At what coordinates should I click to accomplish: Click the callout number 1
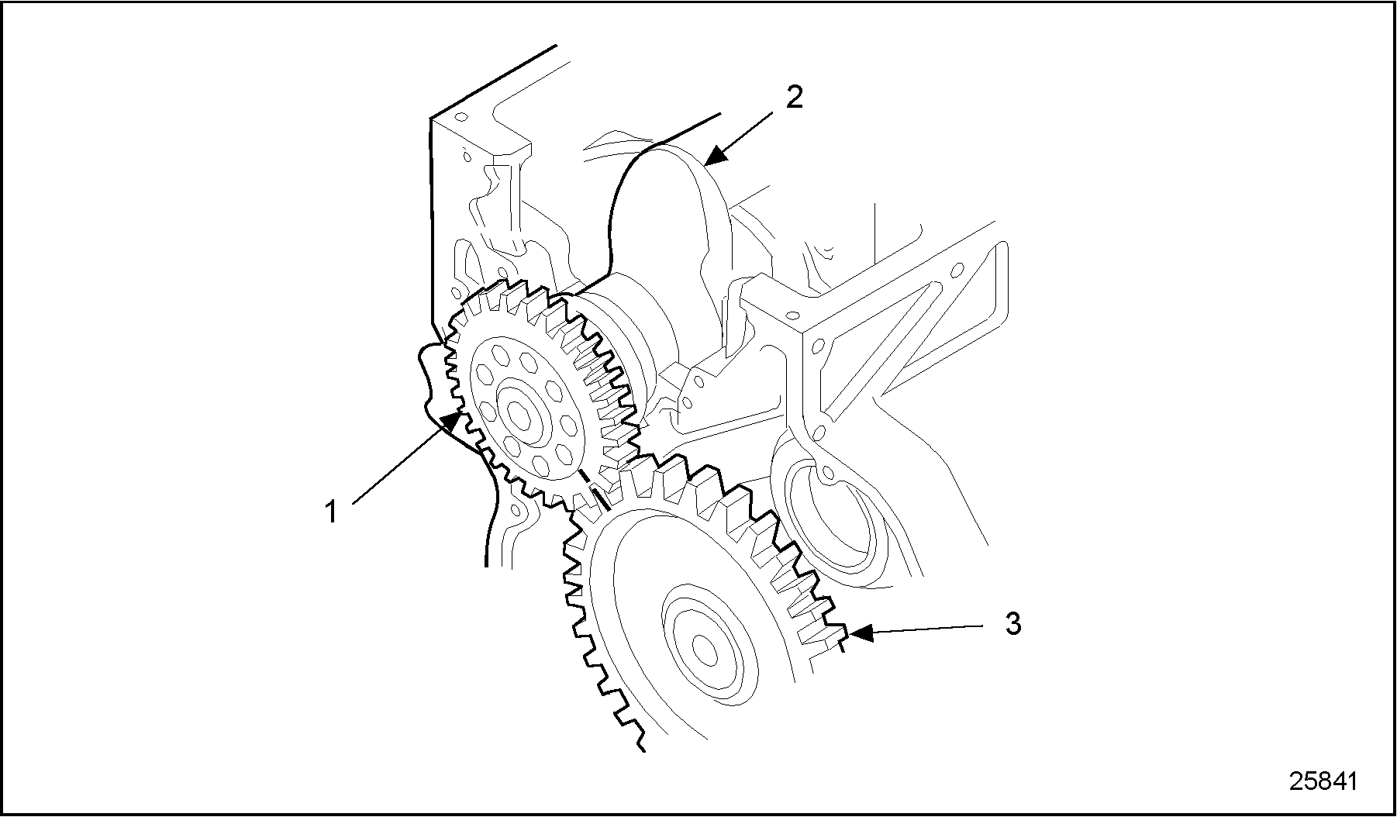(x=331, y=512)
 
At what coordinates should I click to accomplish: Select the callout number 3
(x=1012, y=623)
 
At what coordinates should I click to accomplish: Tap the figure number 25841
(x=1323, y=781)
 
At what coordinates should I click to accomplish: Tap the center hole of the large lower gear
(x=704, y=648)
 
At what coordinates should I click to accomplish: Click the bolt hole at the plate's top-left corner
(x=460, y=118)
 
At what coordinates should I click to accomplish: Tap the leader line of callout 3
(x=930, y=628)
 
